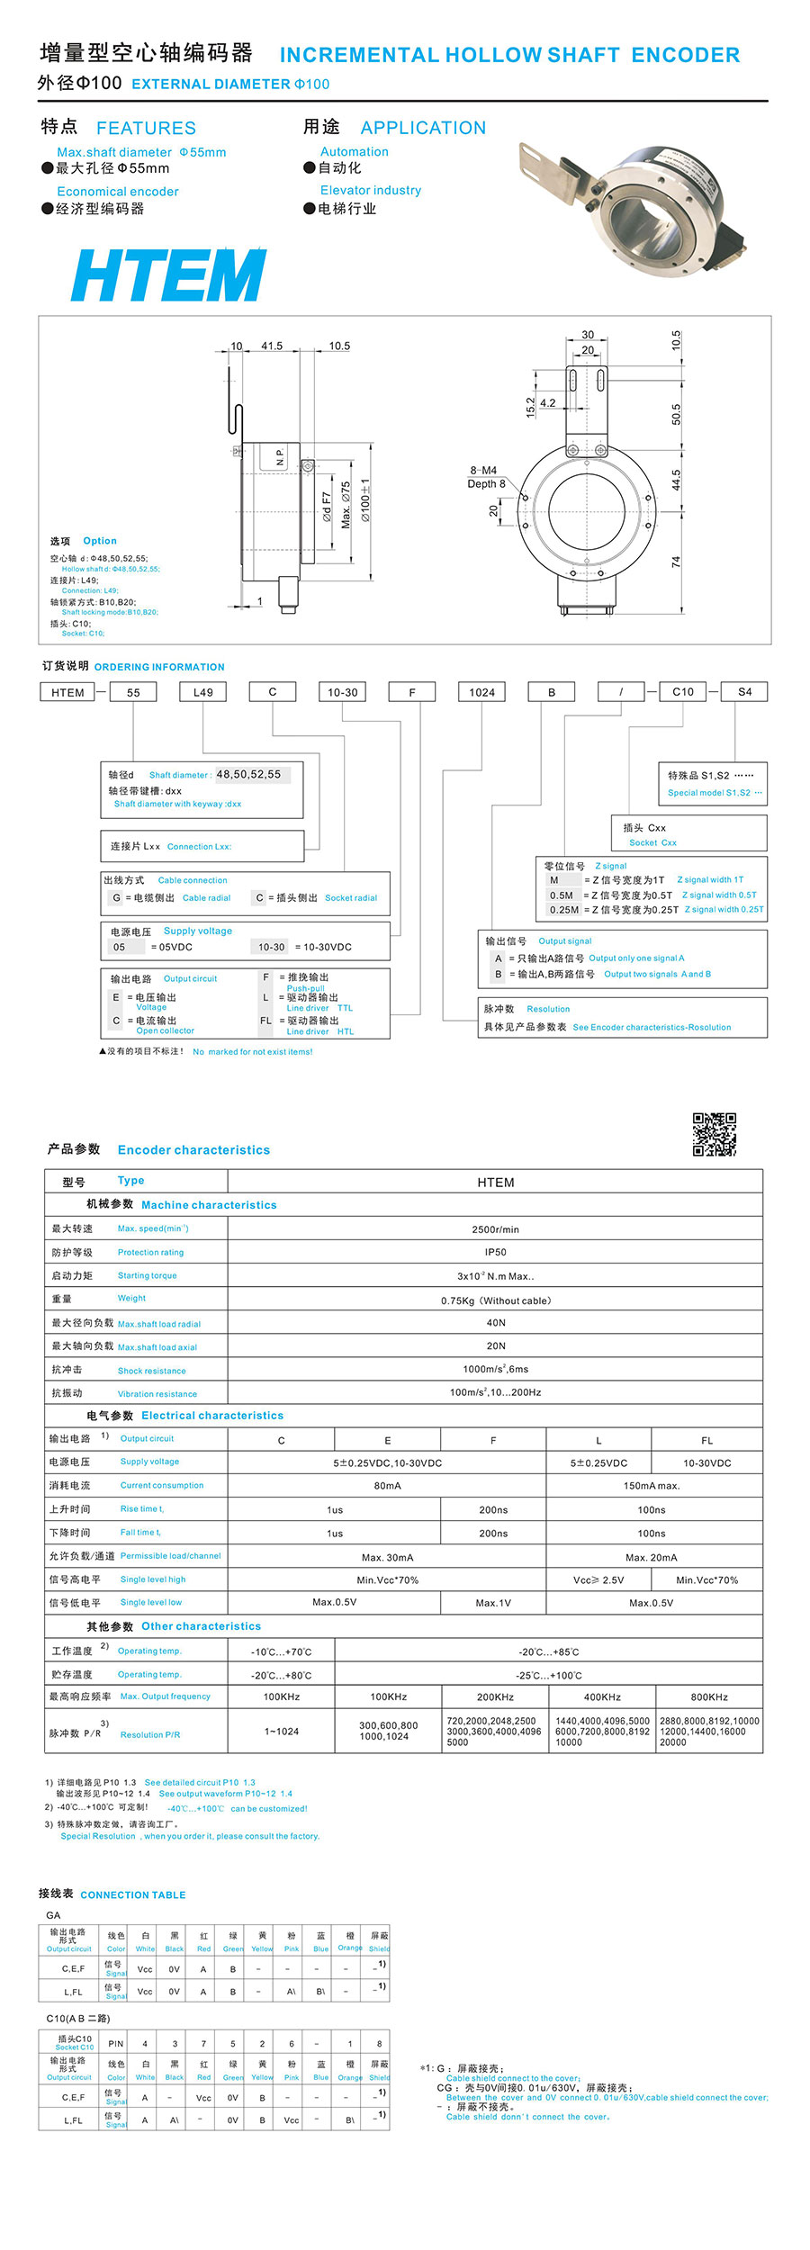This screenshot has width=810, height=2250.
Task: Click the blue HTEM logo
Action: click(168, 274)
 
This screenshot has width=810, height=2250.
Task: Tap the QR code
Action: click(714, 1134)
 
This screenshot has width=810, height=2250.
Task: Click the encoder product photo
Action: click(634, 207)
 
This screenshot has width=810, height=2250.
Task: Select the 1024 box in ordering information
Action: click(481, 692)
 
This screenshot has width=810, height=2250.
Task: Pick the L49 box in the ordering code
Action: click(202, 692)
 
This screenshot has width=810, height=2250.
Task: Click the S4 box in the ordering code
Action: click(744, 692)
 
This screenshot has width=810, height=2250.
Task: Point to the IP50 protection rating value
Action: click(495, 1252)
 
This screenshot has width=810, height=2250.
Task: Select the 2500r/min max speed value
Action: click(495, 1229)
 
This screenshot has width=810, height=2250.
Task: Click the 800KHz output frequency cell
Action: click(709, 1696)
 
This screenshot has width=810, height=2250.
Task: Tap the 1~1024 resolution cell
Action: click(282, 1731)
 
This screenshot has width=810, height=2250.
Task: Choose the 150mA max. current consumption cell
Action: click(652, 1486)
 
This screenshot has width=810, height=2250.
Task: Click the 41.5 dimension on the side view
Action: click(272, 346)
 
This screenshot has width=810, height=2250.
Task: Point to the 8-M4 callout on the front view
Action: click(483, 471)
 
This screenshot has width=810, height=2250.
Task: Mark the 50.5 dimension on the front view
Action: click(676, 414)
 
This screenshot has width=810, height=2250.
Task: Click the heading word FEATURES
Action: click(146, 128)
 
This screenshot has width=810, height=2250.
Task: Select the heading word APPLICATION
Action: click(423, 128)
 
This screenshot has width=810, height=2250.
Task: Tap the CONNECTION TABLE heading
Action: click(133, 1894)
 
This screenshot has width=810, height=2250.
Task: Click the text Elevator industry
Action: click(371, 190)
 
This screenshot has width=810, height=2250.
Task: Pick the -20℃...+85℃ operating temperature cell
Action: click(549, 1651)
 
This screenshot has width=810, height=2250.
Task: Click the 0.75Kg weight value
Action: click(495, 1300)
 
